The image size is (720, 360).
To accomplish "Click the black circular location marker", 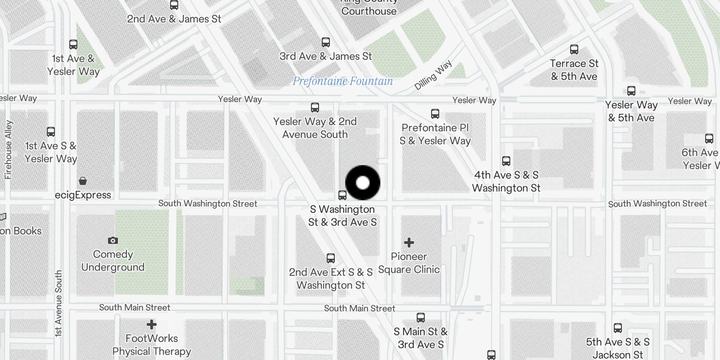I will [363, 183].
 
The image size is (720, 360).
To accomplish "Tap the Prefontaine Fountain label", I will [342, 81].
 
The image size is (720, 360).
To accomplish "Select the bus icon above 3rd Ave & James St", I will [326, 42].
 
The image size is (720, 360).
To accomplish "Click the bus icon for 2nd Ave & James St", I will [174, 5].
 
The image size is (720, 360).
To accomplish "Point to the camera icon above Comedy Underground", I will [113, 241].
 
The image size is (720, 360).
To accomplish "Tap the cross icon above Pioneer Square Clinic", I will [409, 243].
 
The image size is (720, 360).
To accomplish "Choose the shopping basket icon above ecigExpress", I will [83, 181].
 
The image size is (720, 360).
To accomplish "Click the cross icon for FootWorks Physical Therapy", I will [152, 324].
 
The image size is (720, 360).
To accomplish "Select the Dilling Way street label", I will [433, 76].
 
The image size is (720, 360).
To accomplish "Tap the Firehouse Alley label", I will [9, 150].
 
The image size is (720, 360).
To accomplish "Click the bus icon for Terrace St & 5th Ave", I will [574, 49].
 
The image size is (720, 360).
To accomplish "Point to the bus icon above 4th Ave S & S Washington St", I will [506, 161].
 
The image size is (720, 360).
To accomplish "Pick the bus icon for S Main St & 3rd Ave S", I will [421, 318].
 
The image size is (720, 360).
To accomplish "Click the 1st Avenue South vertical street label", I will [58, 303].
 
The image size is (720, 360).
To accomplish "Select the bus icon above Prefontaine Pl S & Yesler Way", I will [435, 113].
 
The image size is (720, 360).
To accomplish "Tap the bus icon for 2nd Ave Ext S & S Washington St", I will [331, 258].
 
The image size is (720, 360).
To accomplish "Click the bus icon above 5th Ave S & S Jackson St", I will [618, 328].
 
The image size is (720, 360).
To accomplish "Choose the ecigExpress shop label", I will [83, 195].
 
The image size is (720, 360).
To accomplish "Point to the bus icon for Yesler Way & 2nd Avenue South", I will [315, 108].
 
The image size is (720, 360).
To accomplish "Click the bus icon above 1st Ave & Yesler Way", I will [73, 45].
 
